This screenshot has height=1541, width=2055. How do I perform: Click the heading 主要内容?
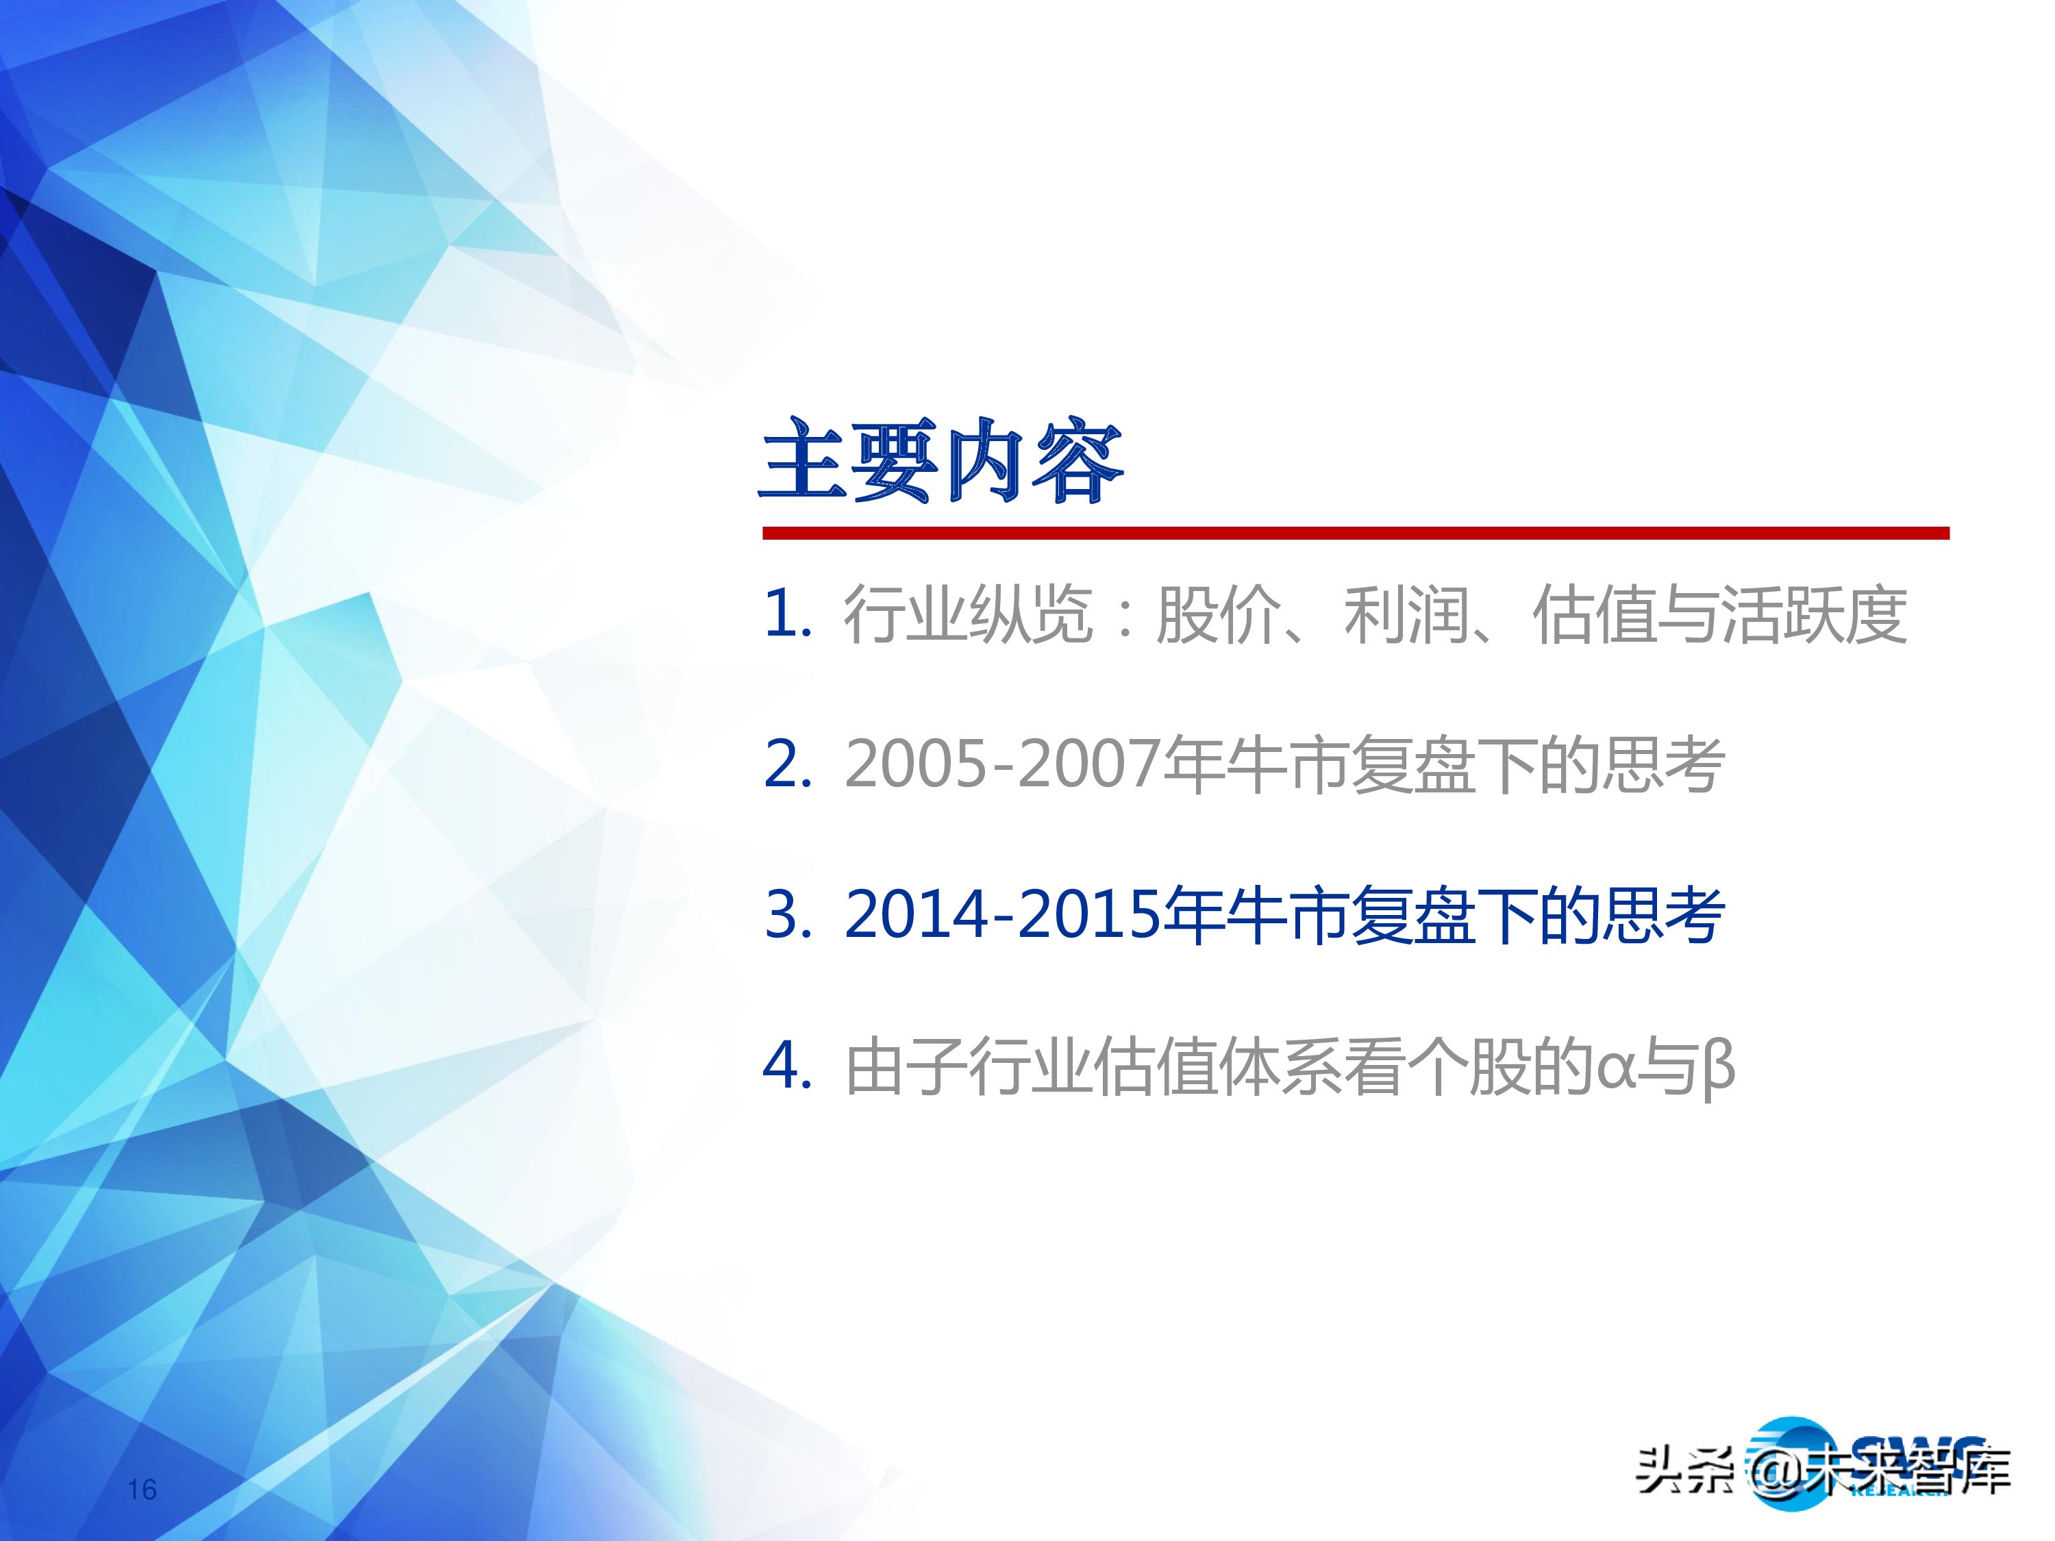point(942,462)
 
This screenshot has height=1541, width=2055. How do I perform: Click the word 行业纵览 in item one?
point(967,615)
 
